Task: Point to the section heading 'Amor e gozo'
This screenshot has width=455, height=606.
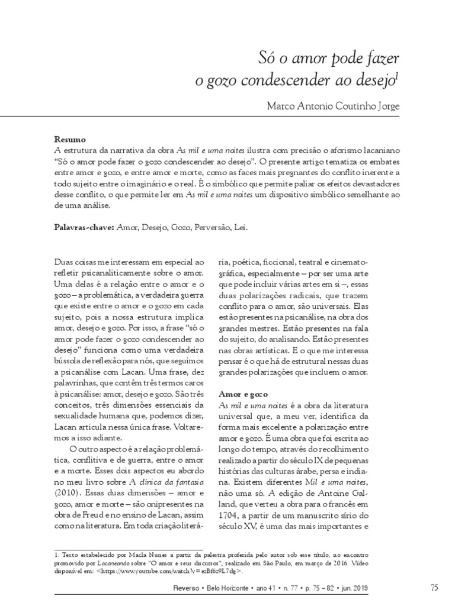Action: pyautogui.click(x=243, y=394)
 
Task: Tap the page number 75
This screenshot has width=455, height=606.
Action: pyautogui.click(x=434, y=587)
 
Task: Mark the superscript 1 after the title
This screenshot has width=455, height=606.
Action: pyautogui.click(x=398, y=76)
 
